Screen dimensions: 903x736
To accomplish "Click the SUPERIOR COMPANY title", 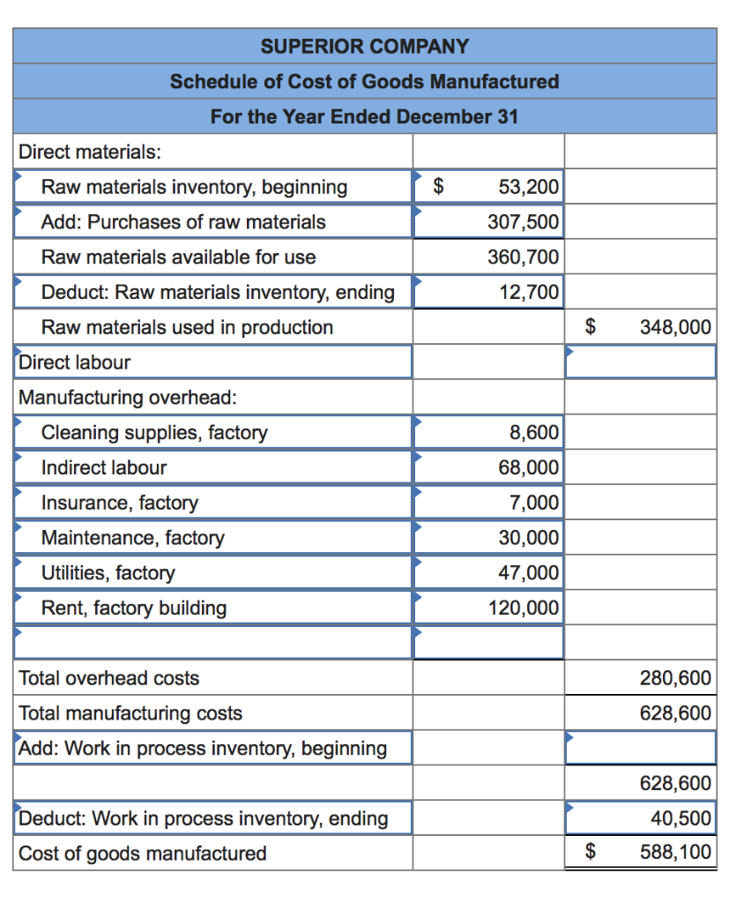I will (x=364, y=46).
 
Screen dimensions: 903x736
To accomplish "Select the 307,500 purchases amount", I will (x=524, y=222).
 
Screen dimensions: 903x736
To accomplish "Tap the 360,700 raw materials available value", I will (x=524, y=257).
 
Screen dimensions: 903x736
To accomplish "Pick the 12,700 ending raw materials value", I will (x=529, y=292).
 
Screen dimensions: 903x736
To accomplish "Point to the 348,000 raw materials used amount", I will (x=675, y=327).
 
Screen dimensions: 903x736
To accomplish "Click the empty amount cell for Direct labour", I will (x=640, y=362).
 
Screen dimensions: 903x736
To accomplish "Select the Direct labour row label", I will (x=75, y=362).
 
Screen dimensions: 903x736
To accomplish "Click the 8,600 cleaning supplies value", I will (x=534, y=432).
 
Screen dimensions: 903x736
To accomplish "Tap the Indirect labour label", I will (x=104, y=467).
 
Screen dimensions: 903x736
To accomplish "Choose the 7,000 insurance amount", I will (x=534, y=503).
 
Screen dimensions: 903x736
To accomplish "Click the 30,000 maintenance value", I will (x=529, y=538).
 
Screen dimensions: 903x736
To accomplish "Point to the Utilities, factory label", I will (x=108, y=573).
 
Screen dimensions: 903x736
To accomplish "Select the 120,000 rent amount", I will (x=524, y=608).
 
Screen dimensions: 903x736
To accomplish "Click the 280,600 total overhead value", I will (x=675, y=678).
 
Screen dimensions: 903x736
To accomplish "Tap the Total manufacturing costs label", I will (x=130, y=713).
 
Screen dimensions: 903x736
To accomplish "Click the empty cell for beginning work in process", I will (x=640, y=748).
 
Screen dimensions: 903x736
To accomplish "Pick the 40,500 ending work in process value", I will (x=680, y=818).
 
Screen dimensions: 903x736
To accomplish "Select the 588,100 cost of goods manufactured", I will (x=675, y=853).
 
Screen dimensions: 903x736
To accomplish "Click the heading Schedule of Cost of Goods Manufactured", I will (x=364, y=81).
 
